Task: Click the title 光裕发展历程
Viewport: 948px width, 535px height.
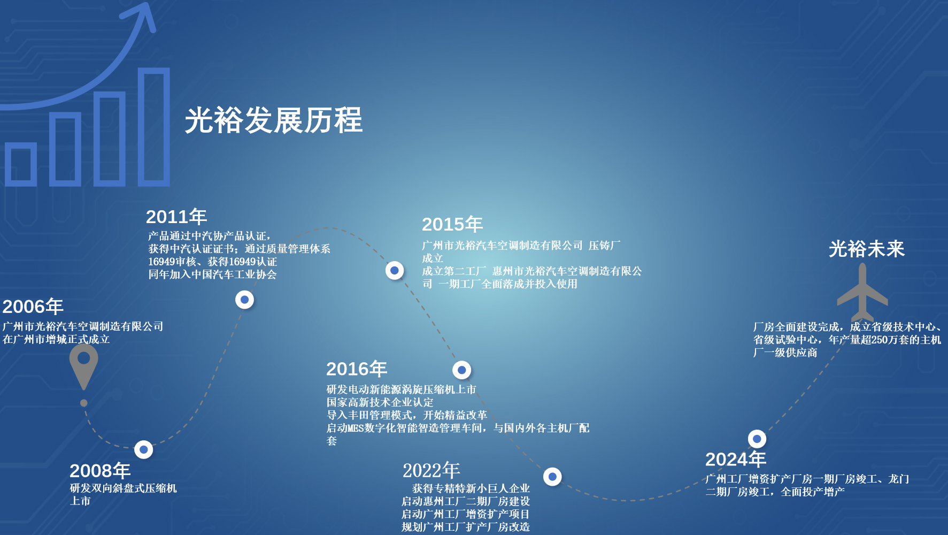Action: click(274, 120)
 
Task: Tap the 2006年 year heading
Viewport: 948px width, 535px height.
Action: click(33, 307)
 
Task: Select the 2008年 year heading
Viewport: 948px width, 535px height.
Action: click(100, 471)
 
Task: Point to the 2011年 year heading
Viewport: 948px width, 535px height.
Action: click(176, 217)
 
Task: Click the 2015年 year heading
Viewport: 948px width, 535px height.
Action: click(452, 224)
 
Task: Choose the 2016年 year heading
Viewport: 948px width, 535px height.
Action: click(357, 369)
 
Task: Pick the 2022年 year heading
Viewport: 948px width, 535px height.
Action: click(431, 471)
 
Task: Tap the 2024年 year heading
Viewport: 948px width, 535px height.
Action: click(736, 459)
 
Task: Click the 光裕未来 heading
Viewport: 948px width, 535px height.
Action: click(867, 249)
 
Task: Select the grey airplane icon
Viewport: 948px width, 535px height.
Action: click(862, 292)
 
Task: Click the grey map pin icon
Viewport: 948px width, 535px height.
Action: click(84, 366)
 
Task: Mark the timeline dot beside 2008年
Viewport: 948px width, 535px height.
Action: click(143, 449)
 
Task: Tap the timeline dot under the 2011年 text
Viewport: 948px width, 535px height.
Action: click(244, 300)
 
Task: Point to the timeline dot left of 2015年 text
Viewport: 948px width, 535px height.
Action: click(395, 270)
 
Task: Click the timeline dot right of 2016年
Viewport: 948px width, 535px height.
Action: click(461, 370)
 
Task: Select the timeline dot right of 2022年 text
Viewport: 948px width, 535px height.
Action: click(552, 476)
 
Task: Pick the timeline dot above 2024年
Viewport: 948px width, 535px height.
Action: click(757, 439)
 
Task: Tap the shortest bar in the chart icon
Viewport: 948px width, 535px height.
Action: click(21, 164)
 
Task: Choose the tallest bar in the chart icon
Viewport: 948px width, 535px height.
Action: click(154, 127)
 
